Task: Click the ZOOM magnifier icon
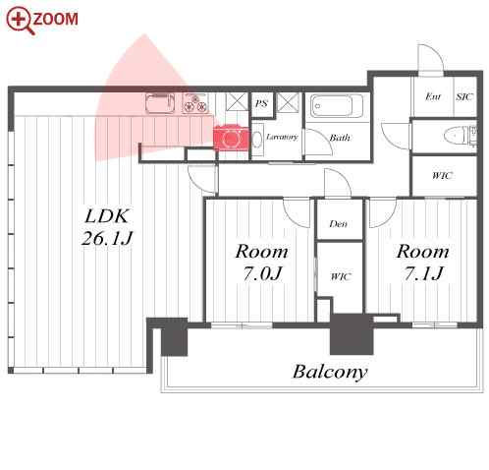point(20,21)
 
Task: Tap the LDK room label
point(107,216)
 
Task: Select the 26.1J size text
point(107,238)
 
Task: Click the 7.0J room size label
point(262,273)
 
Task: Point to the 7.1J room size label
point(423,273)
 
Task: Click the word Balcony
point(330,372)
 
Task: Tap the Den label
point(338,224)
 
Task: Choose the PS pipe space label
point(261,104)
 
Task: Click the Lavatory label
point(282,137)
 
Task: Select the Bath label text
point(340,138)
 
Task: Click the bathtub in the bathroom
point(337,106)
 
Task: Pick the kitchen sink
point(159,103)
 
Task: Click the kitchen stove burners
point(195,103)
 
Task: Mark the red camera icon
point(231,138)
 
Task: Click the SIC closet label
point(464,96)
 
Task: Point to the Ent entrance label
point(433,96)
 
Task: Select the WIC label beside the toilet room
point(442,176)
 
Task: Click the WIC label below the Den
point(341,276)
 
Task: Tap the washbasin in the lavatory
point(257,140)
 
